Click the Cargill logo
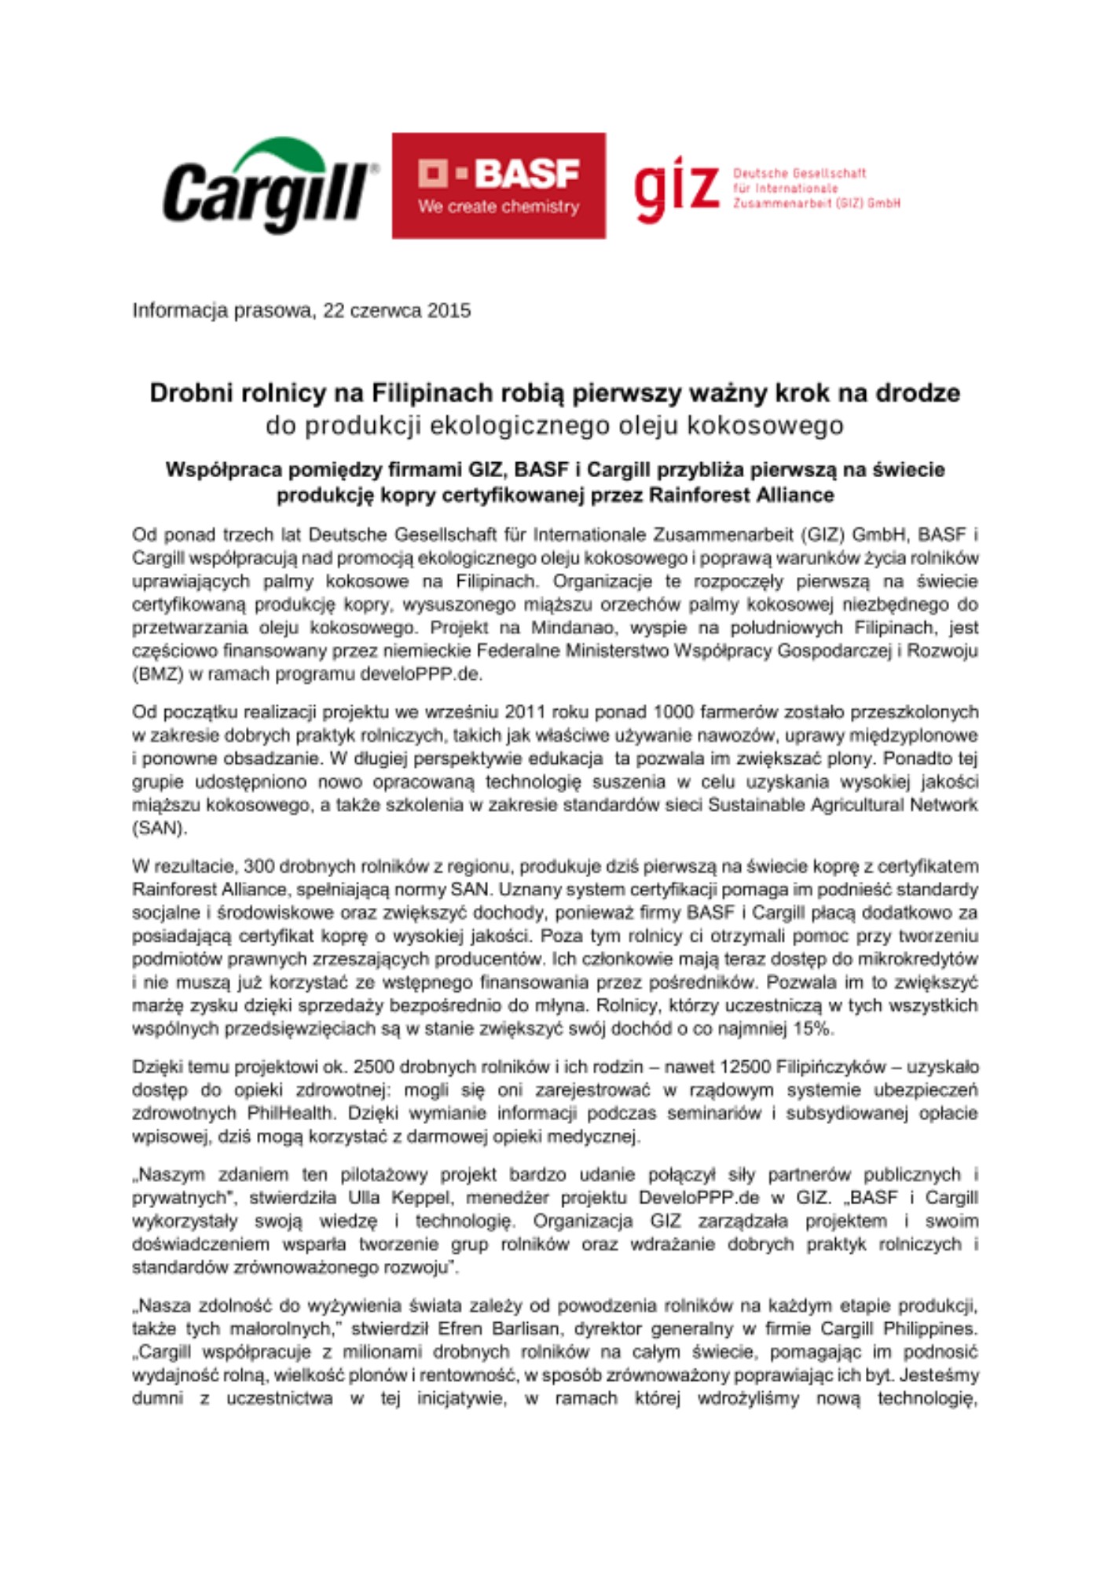pyautogui.click(x=267, y=193)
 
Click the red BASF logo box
pyautogui.click(x=498, y=185)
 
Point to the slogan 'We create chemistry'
pyautogui.click(x=498, y=207)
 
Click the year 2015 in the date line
pyautogui.click(x=449, y=310)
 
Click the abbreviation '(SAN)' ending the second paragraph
pyautogui.click(x=159, y=828)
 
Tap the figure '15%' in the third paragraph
pyautogui.click(x=814, y=1029)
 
